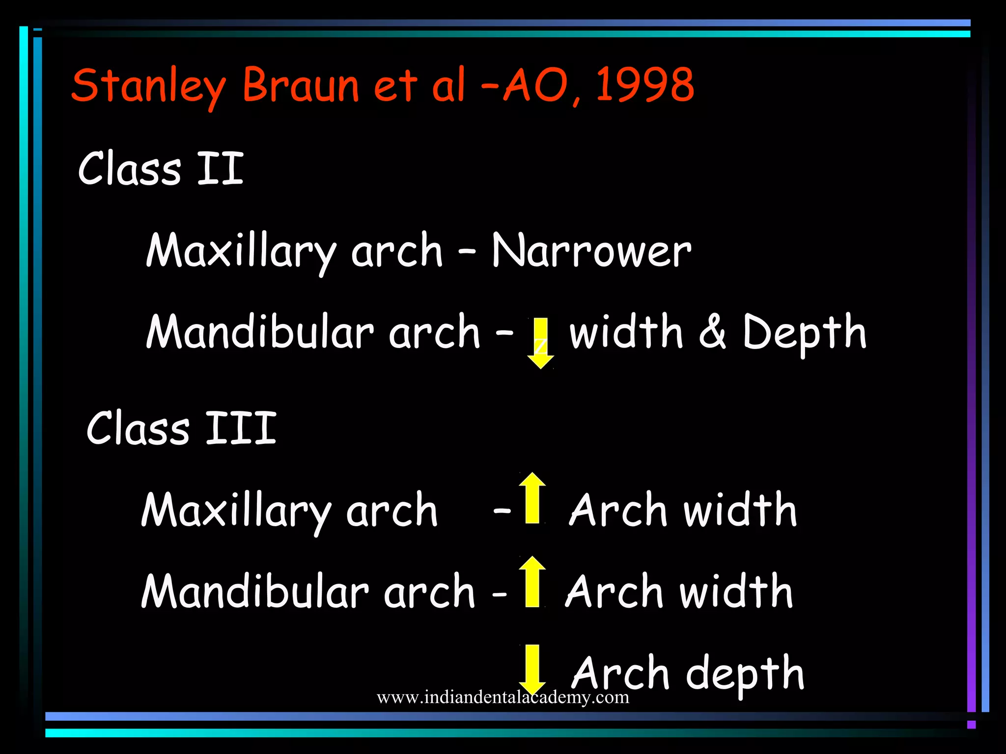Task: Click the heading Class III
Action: click(x=181, y=428)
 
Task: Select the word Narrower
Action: click(x=591, y=250)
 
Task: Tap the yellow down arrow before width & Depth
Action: click(x=540, y=343)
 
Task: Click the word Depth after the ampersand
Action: click(x=804, y=333)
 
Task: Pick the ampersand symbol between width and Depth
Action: click(x=712, y=332)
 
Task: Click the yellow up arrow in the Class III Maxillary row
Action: click(x=532, y=498)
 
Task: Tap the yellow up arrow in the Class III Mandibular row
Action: click(x=532, y=581)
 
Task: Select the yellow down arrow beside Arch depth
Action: click(x=532, y=669)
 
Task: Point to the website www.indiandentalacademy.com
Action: click(x=503, y=697)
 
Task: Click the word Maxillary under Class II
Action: click(x=241, y=251)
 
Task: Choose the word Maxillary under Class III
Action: click(x=236, y=511)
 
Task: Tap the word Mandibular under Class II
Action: click(x=260, y=332)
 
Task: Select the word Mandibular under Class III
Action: click(x=255, y=591)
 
